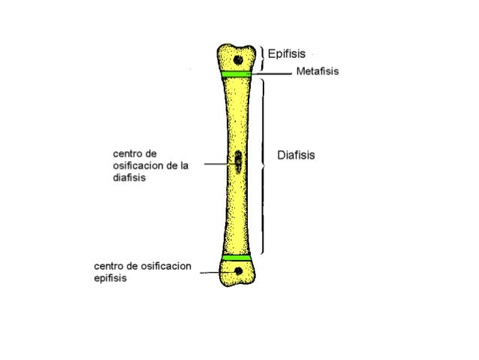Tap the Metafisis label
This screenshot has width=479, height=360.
(x=318, y=72)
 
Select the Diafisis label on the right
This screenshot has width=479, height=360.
(x=296, y=156)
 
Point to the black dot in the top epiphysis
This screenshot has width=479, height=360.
(x=238, y=59)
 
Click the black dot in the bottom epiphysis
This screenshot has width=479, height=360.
(x=238, y=271)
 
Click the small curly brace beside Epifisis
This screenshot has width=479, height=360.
(x=263, y=54)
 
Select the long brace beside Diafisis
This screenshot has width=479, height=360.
(x=262, y=165)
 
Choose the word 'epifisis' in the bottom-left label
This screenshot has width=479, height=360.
(x=110, y=277)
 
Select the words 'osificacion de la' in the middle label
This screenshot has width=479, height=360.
(x=150, y=167)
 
